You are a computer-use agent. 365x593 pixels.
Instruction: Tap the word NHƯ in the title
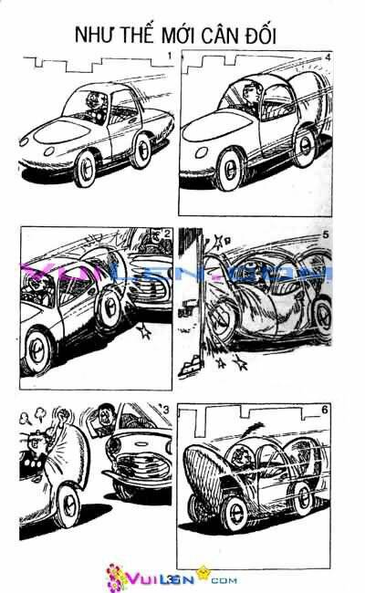(x=94, y=35)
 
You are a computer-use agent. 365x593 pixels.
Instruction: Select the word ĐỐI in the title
(x=261, y=36)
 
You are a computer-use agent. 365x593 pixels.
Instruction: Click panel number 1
(x=170, y=56)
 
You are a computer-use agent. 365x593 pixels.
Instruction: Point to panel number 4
(x=328, y=57)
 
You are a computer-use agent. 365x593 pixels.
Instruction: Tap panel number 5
(x=326, y=234)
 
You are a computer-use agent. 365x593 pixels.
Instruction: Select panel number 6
(x=325, y=410)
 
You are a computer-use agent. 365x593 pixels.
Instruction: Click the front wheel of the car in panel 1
(x=85, y=169)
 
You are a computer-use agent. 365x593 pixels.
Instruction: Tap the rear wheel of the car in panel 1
(x=141, y=151)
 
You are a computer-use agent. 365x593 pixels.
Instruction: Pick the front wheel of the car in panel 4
(x=230, y=170)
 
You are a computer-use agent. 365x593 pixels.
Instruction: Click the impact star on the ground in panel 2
(x=144, y=331)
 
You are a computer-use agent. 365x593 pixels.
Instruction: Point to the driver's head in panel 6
(x=239, y=456)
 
